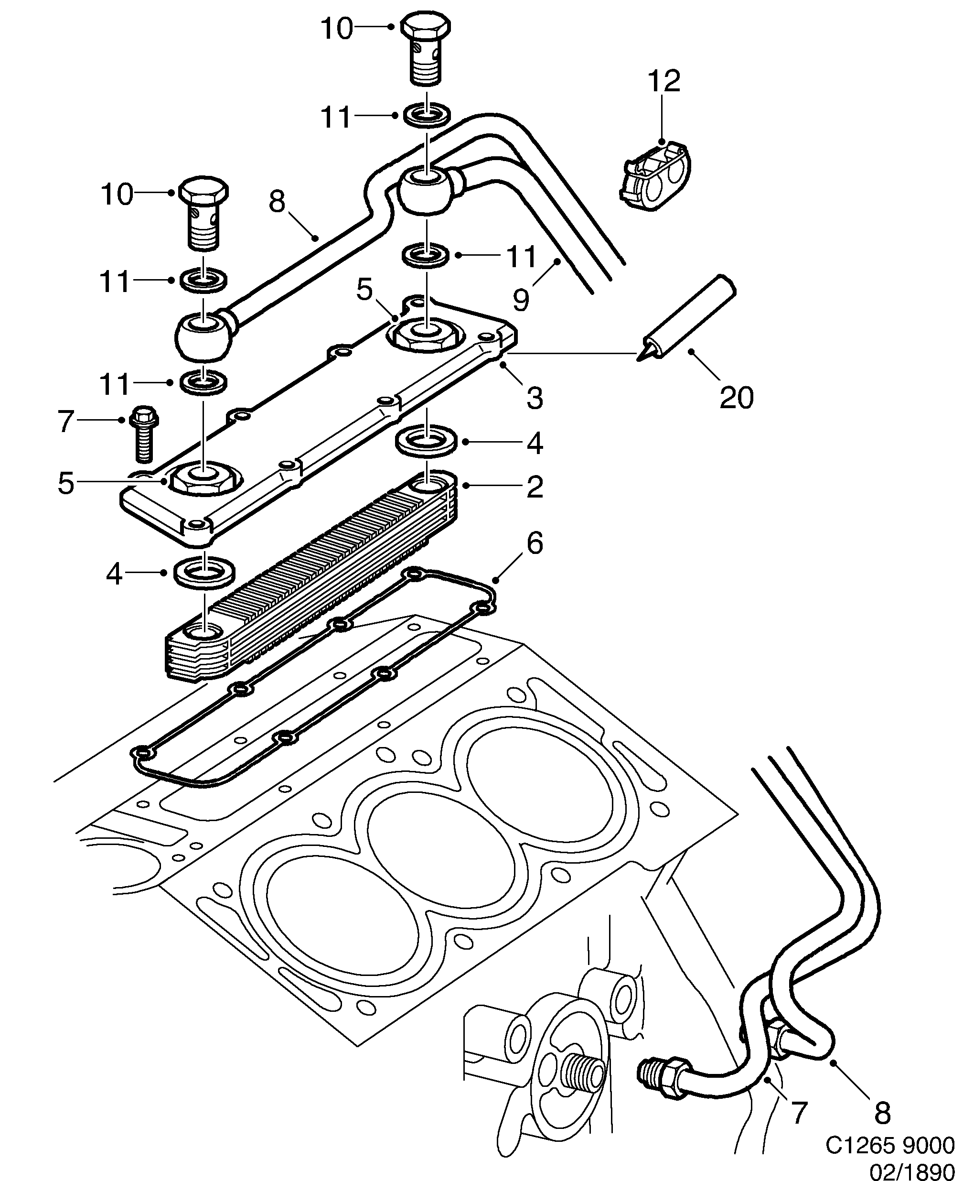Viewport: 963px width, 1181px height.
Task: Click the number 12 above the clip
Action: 664,82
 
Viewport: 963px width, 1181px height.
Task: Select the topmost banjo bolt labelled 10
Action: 426,48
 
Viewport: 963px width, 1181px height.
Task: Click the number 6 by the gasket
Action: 534,543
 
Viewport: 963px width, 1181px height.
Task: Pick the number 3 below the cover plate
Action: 534,398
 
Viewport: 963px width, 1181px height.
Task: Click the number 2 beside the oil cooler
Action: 534,487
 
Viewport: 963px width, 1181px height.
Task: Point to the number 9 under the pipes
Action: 521,300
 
